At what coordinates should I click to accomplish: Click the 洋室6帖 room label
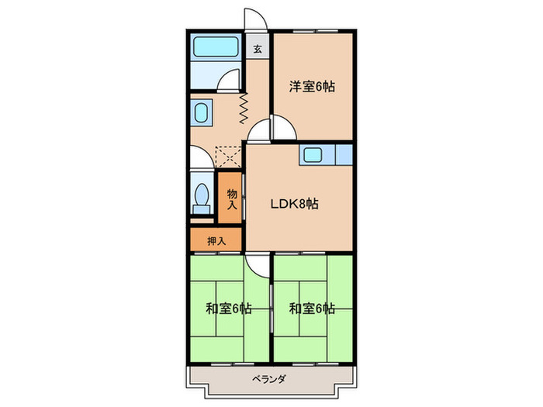[313, 87]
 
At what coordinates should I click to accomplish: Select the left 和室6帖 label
[228, 309]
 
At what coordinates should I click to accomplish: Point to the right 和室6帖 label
[312, 309]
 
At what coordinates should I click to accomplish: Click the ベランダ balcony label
[269, 379]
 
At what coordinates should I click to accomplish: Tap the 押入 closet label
[216, 240]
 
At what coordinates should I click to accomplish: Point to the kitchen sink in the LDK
[313, 154]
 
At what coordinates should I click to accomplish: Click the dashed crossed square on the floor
[229, 158]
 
